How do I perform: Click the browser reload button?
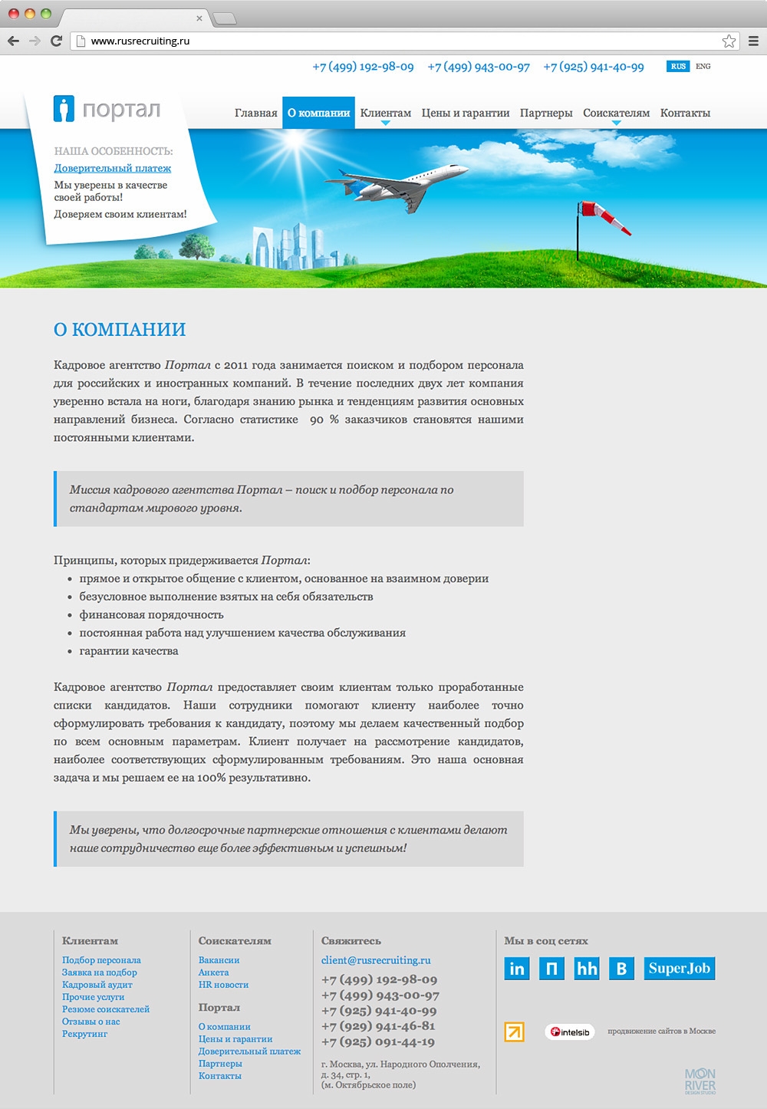(x=56, y=41)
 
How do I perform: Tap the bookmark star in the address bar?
(x=729, y=41)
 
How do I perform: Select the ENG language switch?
(x=703, y=67)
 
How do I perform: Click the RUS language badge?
(x=678, y=67)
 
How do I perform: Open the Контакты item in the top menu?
(x=685, y=113)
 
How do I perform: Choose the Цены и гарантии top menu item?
(x=466, y=113)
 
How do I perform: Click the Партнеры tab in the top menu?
(x=546, y=113)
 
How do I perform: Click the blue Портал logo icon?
(x=64, y=109)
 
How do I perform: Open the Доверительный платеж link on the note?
(x=113, y=168)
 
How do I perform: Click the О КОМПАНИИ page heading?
(x=120, y=330)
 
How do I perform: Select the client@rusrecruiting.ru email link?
(x=376, y=960)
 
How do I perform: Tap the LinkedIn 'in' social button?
(x=517, y=969)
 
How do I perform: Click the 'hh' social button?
(x=587, y=969)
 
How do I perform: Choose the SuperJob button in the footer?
(x=679, y=969)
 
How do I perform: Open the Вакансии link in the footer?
(x=219, y=960)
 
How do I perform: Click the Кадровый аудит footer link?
(x=97, y=985)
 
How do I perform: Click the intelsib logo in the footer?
(x=570, y=1032)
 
